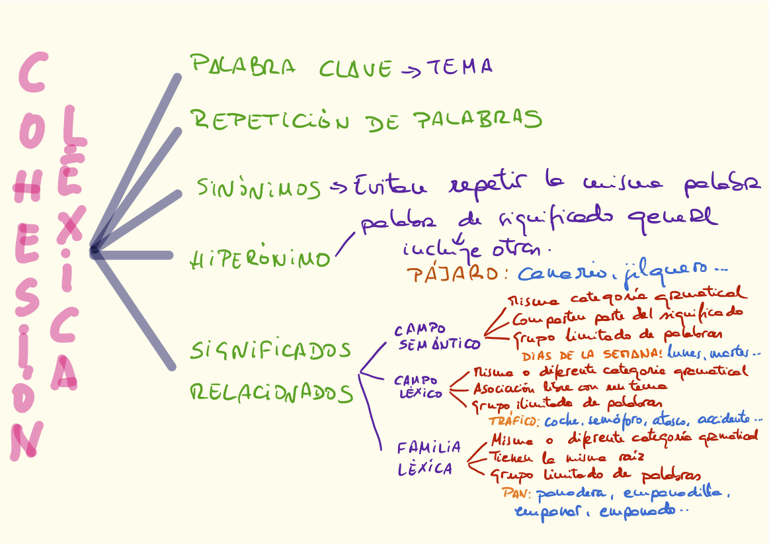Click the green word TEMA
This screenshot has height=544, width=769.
point(460,67)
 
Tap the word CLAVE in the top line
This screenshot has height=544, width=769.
point(356,68)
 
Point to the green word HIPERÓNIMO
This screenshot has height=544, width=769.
point(259,259)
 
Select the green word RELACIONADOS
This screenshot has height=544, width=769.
point(271,394)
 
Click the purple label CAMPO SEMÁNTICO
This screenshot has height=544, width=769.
point(437,337)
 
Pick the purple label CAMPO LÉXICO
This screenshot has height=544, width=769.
point(421,386)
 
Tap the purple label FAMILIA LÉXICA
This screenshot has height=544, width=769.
point(428,458)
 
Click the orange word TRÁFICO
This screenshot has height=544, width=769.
point(514,421)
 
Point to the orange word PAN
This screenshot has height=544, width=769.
point(517,493)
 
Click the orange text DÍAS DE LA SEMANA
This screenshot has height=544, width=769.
point(596,354)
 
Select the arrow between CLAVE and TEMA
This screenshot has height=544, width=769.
point(410,69)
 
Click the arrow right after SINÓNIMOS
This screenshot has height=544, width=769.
point(339,188)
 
